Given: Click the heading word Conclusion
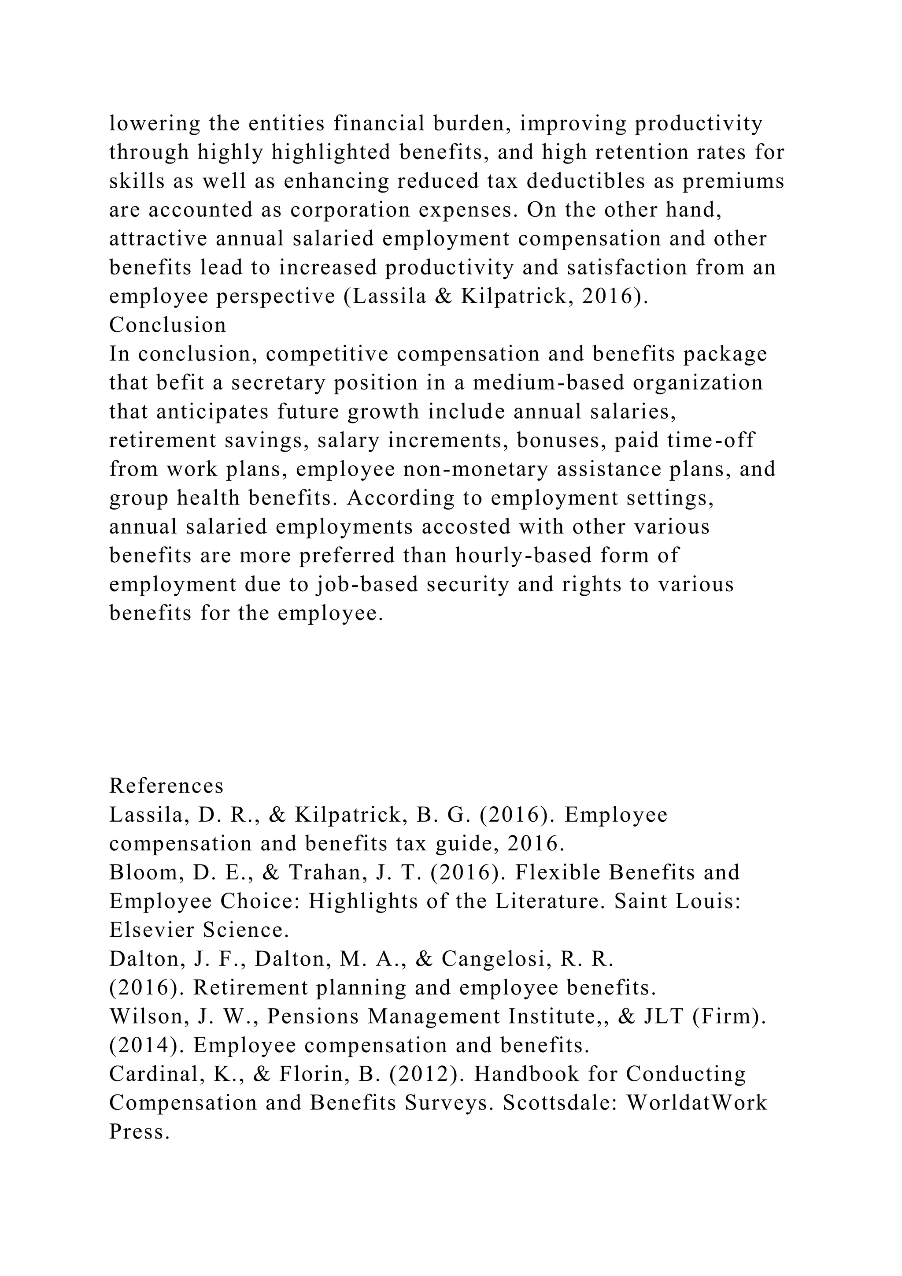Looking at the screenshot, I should (x=167, y=325).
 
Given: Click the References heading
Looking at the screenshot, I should (x=166, y=786).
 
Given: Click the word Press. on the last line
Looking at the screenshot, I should (x=139, y=1132).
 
